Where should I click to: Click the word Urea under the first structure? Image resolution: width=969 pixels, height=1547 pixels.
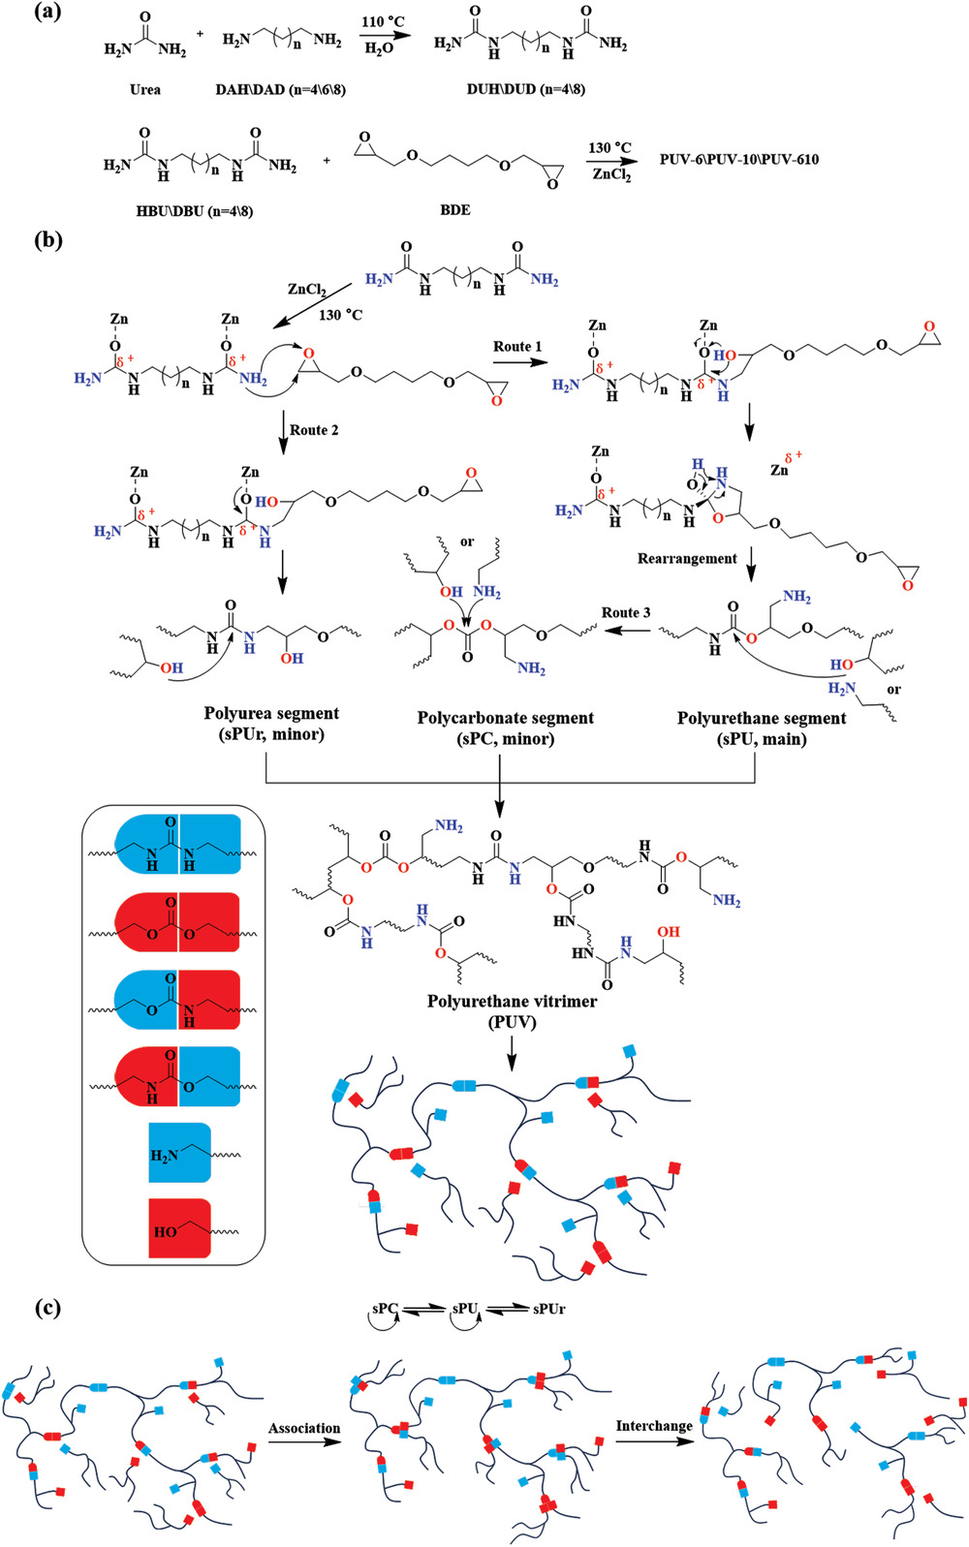pos(145,90)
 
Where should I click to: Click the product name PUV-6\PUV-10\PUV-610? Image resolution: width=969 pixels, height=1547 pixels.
pos(739,159)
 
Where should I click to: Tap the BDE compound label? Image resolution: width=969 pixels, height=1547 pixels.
pos(454,209)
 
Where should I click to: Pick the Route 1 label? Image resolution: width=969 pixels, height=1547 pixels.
pos(517,347)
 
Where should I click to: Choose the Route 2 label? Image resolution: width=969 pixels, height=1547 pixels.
pos(314,430)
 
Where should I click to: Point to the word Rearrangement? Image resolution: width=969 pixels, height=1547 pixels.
pos(687,559)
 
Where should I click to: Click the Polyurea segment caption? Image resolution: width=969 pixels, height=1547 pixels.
pos(271,714)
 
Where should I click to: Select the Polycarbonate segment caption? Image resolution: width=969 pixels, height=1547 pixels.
pos(505,718)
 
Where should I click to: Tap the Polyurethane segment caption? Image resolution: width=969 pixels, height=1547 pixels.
pos(762,719)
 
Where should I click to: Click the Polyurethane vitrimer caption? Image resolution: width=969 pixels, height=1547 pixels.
pos(512,1002)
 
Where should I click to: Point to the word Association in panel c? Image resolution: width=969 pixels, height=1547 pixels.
pos(304,1428)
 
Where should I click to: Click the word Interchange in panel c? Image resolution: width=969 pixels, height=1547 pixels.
pos(654,1426)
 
